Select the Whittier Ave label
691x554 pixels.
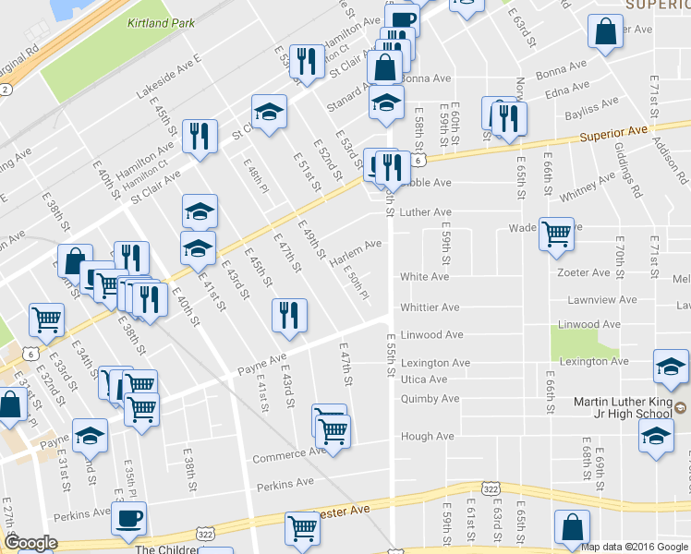(x=430, y=307)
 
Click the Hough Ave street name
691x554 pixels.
(x=427, y=436)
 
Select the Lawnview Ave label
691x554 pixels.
(x=602, y=300)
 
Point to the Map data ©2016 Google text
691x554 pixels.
(x=635, y=547)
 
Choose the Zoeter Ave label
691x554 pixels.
(x=583, y=273)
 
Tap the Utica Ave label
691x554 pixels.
(x=424, y=379)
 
